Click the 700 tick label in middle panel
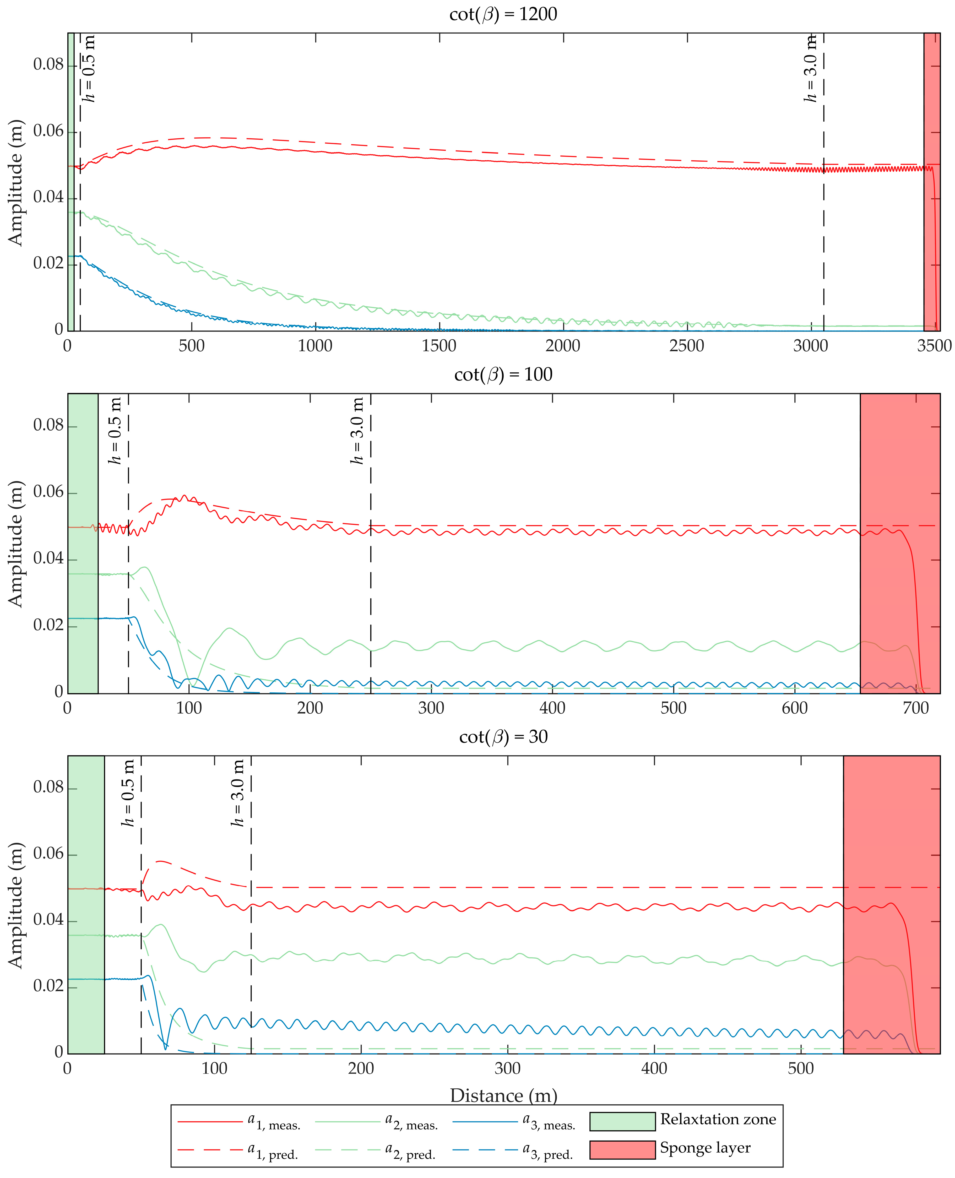click(x=915, y=708)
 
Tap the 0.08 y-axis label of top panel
click(x=48, y=65)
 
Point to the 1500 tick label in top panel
click(x=439, y=346)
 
